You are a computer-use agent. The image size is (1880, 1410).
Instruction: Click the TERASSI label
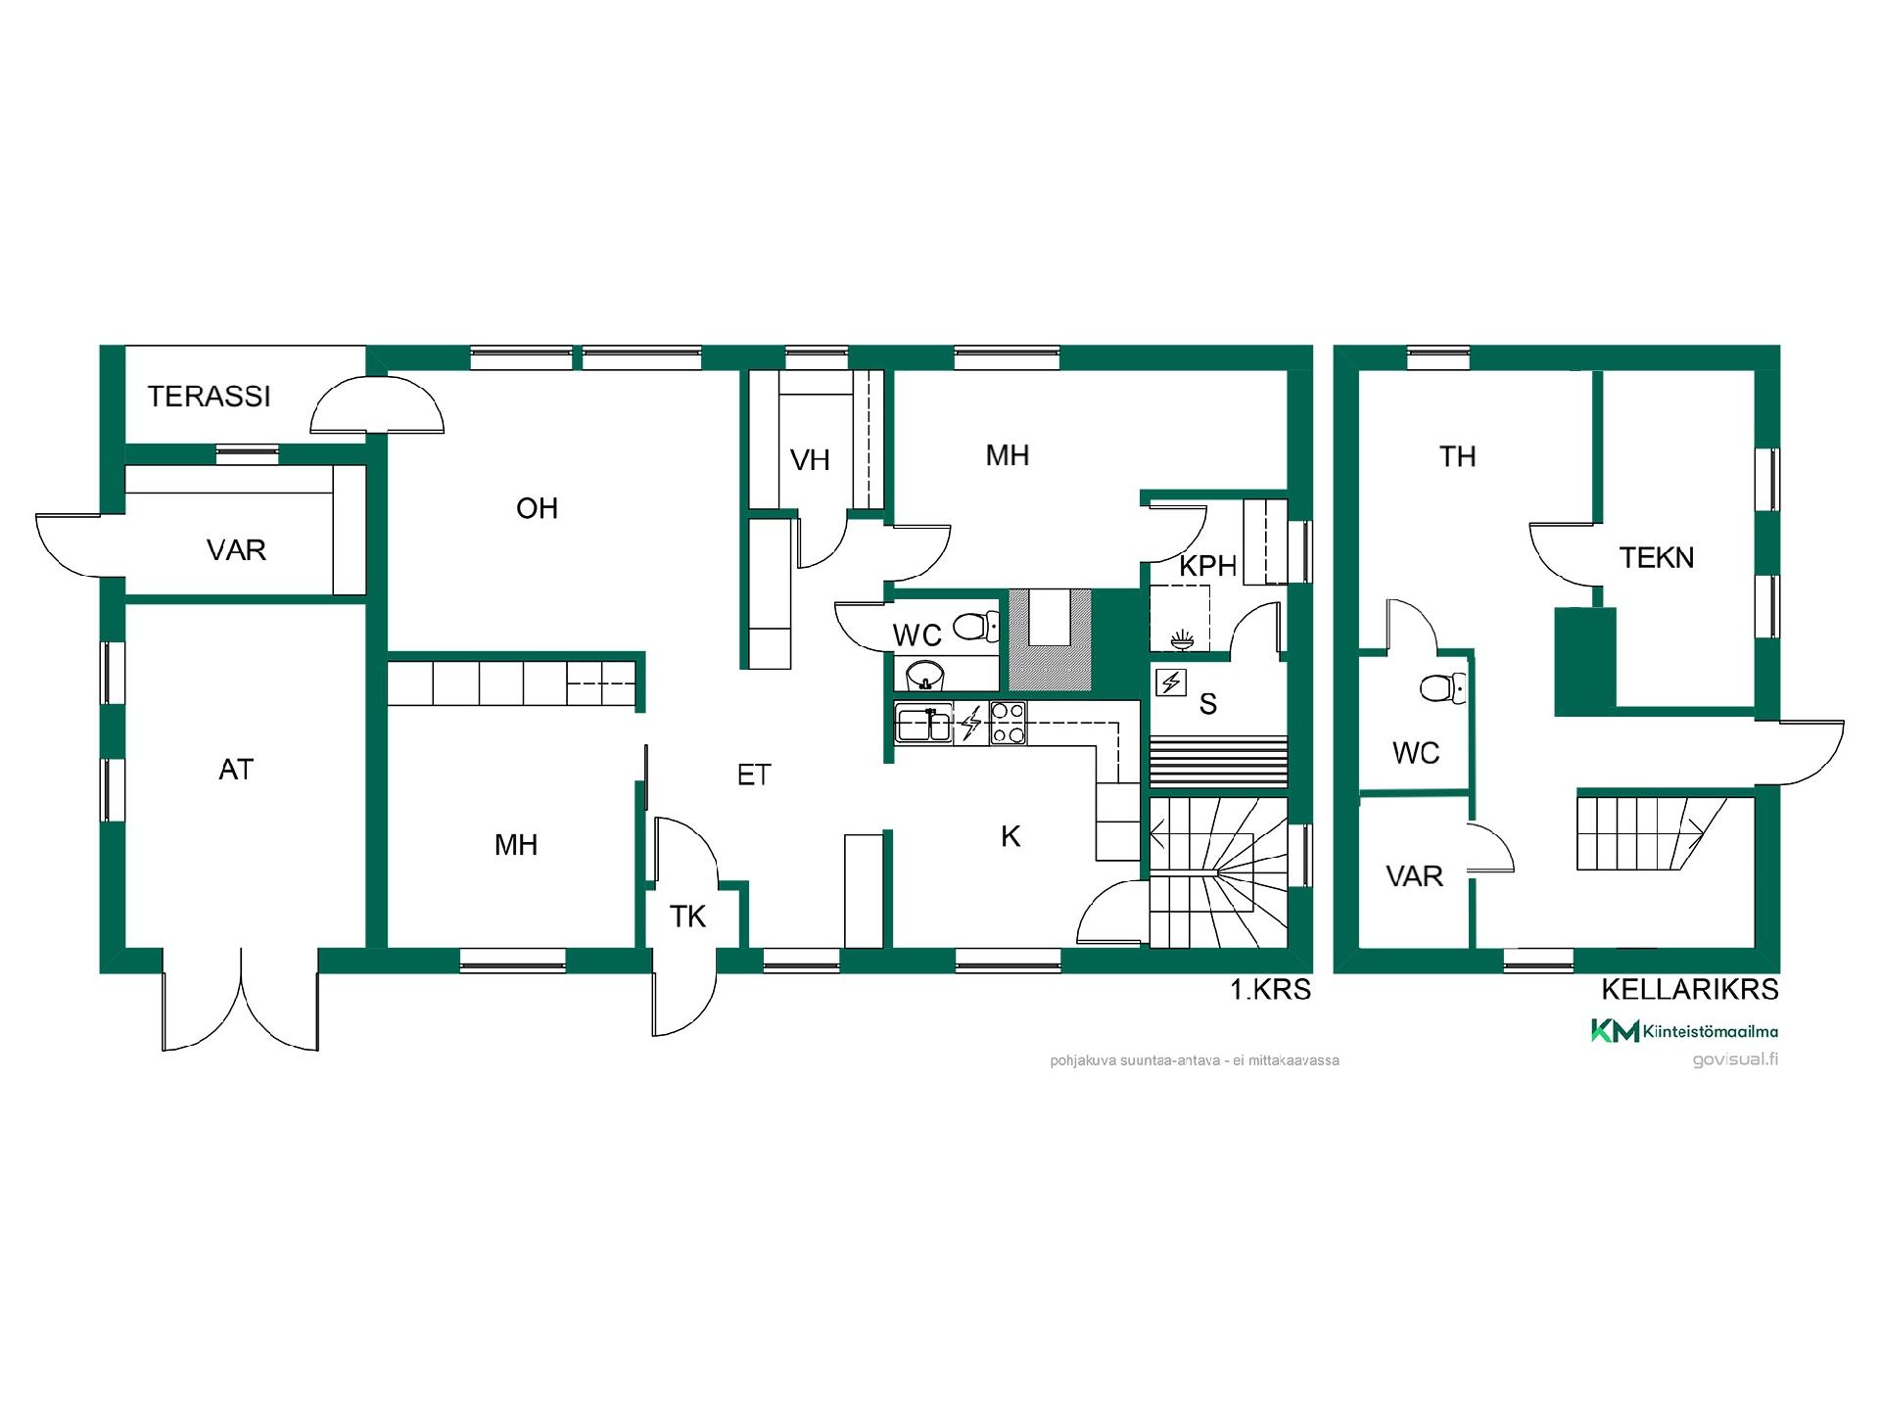pos(209,397)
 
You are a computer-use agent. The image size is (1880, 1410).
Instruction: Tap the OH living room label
pos(537,508)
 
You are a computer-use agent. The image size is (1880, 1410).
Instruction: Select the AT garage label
pos(236,770)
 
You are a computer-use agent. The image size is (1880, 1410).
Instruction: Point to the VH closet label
pos(810,460)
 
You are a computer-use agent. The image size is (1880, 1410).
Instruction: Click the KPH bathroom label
pos(1207,566)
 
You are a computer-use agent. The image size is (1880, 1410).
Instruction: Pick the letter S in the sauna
pos(1208,703)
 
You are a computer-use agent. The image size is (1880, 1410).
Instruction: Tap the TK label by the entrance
pos(687,916)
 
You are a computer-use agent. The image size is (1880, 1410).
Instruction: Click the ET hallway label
pos(754,775)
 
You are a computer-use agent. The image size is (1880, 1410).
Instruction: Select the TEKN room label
pos(1656,558)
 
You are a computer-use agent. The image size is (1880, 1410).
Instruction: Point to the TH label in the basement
pos(1457,456)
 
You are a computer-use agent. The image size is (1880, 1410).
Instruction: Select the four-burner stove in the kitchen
pos(1008,724)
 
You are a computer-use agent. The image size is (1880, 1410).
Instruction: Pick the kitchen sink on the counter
pos(922,724)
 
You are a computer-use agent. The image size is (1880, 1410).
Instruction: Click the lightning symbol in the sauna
pos(1171,681)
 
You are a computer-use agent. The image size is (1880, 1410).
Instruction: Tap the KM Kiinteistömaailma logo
pos(1684,1031)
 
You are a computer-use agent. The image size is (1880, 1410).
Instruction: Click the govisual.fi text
pos(1735,1059)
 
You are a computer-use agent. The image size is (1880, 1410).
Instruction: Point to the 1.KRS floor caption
pos(1270,990)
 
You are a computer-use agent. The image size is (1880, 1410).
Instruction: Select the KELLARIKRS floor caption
pos(1690,990)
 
